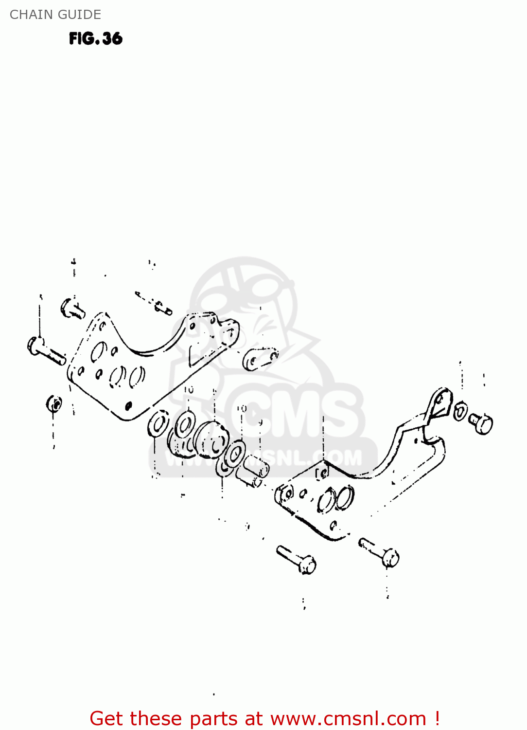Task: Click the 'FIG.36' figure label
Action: [x=96, y=38]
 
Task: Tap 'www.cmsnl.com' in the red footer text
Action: [x=348, y=718]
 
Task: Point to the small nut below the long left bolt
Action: [x=54, y=403]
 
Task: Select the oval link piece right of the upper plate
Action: [x=260, y=359]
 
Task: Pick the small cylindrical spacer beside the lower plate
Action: [x=255, y=471]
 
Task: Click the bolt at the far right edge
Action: [x=481, y=422]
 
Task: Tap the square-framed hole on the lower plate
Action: [x=322, y=473]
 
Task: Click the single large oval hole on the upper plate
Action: [x=98, y=352]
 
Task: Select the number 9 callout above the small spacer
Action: [x=261, y=422]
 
